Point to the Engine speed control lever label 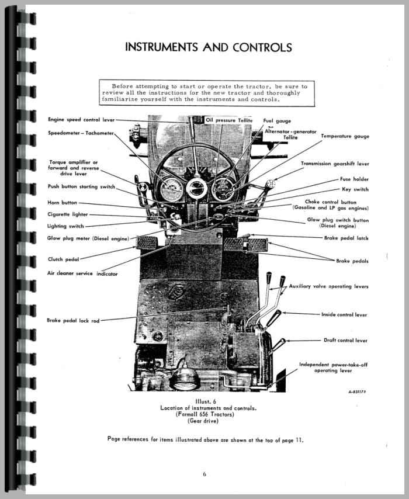click(x=81, y=119)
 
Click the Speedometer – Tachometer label click(x=81, y=133)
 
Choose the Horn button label click(x=62, y=202)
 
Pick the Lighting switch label click(x=65, y=226)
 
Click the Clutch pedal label click(x=63, y=259)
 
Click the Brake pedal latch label click(x=346, y=238)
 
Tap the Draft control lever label click(x=345, y=340)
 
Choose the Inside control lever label click(x=344, y=314)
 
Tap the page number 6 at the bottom click(x=204, y=474)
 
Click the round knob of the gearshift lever click(x=271, y=184)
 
